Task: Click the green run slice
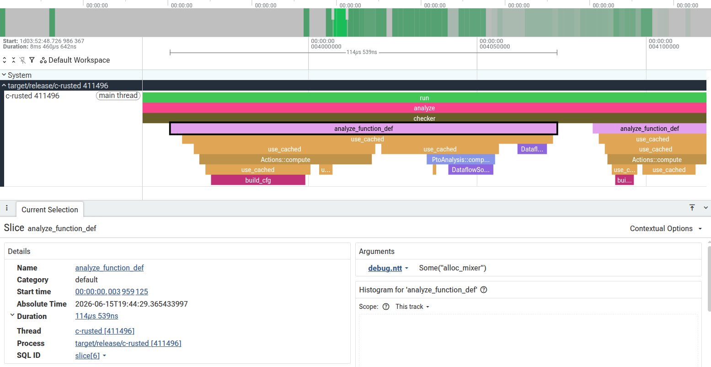pyautogui.click(x=424, y=98)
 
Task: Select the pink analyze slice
pyautogui.click(x=424, y=108)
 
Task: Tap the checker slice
pyautogui.click(x=424, y=118)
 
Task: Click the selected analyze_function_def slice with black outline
pyautogui.click(x=364, y=129)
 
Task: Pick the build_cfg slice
pyautogui.click(x=258, y=180)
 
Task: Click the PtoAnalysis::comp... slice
pyautogui.click(x=460, y=160)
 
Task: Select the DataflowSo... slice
pyautogui.click(x=470, y=170)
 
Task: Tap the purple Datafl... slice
pyautogui.click(x=532, y=149)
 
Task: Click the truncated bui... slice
pyautogui.click(x=624, y=180)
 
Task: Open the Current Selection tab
pyautogui.click(x=50, y=210)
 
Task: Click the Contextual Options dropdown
pyautogui.click(x=666, y=228)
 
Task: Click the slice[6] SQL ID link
pyautogui.click(x=87, y=356)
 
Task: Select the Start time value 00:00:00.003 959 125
pyautogui.click(x=112, y=291)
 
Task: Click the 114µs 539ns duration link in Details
pyautogui.click(x=96, y=316)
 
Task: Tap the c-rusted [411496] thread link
pyautogui.click(x=105, y=331)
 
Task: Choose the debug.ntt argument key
pyautogui.click(x=385, y=268)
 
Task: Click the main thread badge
pyautogui.click(x=118, y=96)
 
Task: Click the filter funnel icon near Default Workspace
pyautogui.click(x=32, y=60)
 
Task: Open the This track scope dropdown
pyautogui.click(x=412, y=307)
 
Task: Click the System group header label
pyautogui.click(x=20, y=76)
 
